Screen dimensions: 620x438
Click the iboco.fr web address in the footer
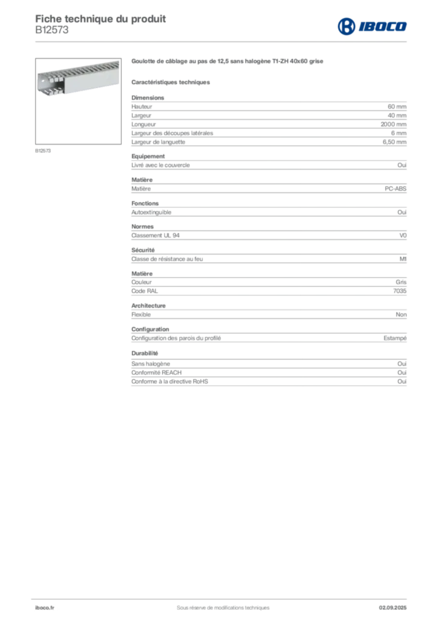click(x=45, y=607)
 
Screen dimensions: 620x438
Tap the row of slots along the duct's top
click(x=85, y=66)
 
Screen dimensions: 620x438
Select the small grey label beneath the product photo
click(x=43, y=150)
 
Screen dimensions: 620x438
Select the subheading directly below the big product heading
click(x=171, y=82)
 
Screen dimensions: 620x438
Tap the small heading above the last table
click(x=145, y=352)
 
